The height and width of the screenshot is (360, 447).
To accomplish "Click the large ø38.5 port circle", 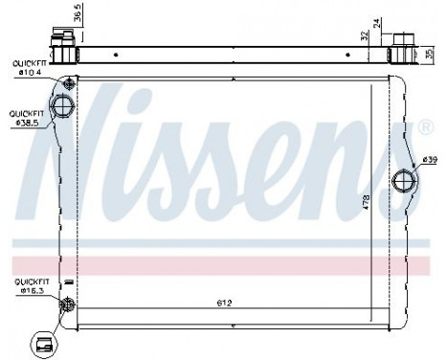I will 63,105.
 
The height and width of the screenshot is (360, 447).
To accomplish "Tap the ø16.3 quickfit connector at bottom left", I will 67,305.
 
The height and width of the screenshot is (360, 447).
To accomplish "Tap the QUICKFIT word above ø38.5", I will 27,113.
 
